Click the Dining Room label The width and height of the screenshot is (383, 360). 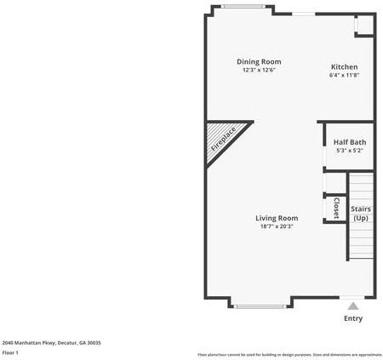point(259,61)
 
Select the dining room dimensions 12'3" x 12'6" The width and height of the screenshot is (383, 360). point(259,70)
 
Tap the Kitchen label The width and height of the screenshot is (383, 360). point(344,67)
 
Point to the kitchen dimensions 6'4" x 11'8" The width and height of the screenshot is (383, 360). point(344,76)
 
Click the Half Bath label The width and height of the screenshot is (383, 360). point(349,142)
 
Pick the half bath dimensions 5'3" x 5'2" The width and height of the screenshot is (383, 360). point(349,151)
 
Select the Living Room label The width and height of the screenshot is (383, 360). point(277,218)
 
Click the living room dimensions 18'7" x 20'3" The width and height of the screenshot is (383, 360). point(277,226)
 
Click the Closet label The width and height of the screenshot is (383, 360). point(335,207)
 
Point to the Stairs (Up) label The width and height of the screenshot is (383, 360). point(361,213)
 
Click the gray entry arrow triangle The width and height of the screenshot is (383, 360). point(352,306)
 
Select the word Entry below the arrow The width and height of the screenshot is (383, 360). point(352,319)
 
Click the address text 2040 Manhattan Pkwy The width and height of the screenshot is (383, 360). point(51,342)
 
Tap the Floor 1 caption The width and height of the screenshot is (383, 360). point(10,352)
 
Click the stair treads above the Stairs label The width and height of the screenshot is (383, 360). point(361,187)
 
